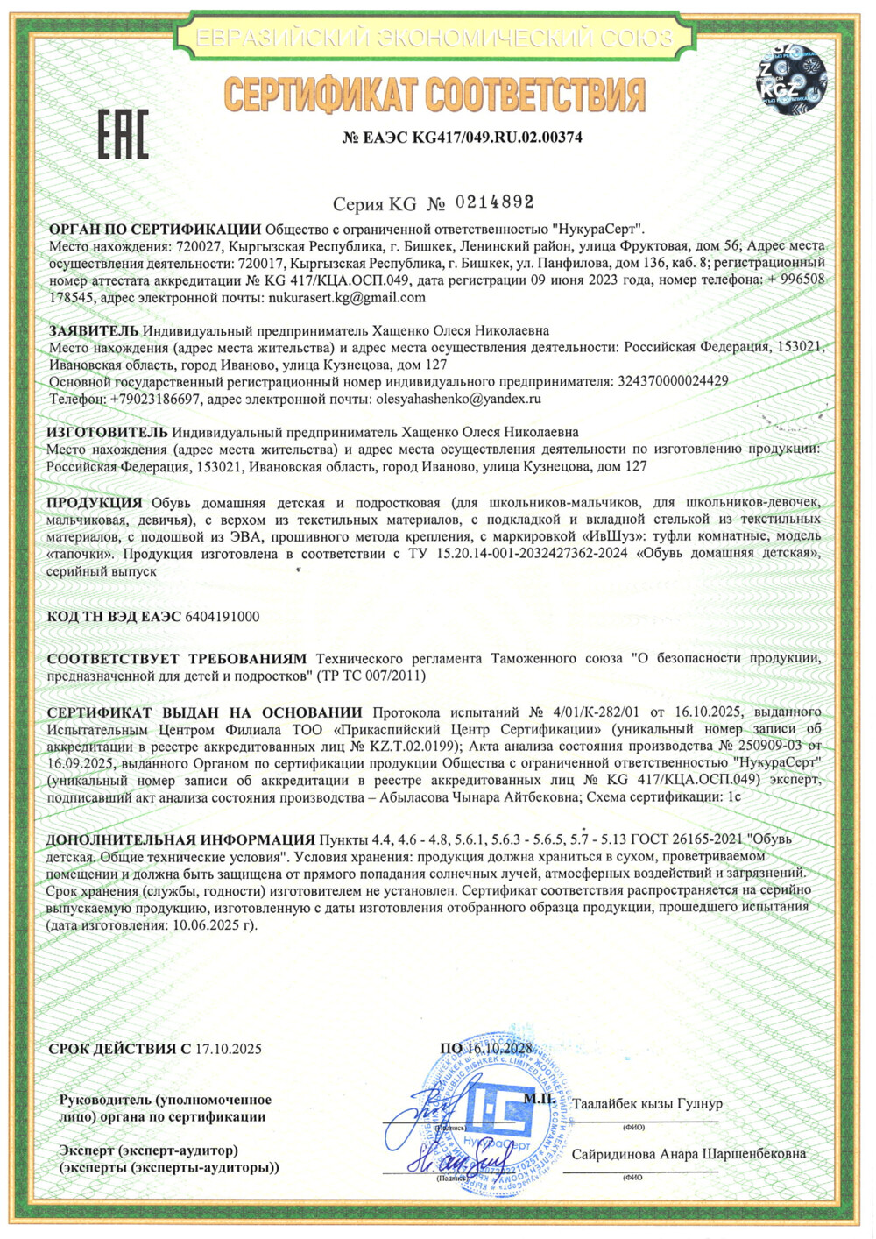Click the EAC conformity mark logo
pyautogui.click(x=123, y=134)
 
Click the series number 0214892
pyautogui.click(x=494, y=202)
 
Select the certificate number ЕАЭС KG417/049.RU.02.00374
pyautogui.click(x=462, y=138)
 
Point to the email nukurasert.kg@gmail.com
pyautogui.click(x=347, y=297)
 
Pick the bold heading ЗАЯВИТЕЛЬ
pyautogui.click(x=94, y=330)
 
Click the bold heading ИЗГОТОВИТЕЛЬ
pyautogui.click(x=107, y=432)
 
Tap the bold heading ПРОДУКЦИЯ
pyautogui.click(x=95, y=502)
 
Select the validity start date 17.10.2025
pyautogui.click(x=228, y=1049)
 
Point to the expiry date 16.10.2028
pyautogui.click(x=498, y=1049)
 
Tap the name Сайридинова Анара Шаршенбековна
pyautogui.click(x=689, y=1154)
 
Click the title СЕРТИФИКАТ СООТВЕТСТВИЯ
pyautogui.click(x=434, y=95)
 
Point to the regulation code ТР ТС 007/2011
pyautogui.click(x=369, y=676)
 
